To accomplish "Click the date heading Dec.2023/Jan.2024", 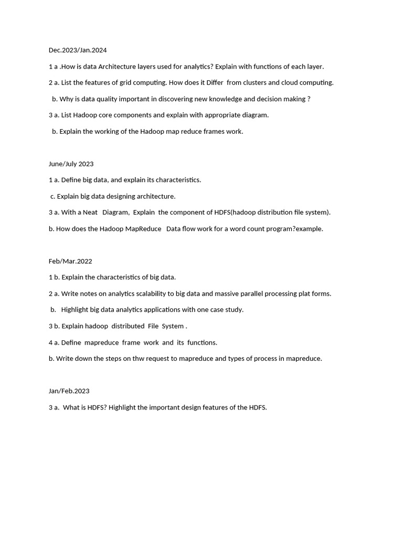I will (x=78, y=50).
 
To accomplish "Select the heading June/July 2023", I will (x=71, y=164).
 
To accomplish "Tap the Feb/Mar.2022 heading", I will (x=70, y=261).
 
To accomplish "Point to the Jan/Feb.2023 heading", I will (x=69, y=391).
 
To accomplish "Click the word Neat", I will (x=90, y=212).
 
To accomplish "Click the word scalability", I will (x=148, y=294).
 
